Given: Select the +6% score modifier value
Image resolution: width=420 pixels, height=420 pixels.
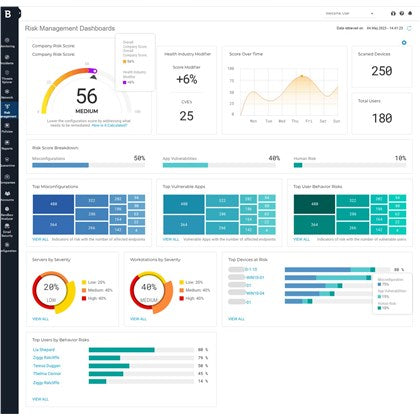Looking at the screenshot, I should point(186,79).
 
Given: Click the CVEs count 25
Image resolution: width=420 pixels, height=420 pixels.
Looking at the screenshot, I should point(186,116).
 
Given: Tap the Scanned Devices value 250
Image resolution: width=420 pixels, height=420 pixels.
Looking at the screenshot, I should point(381,72).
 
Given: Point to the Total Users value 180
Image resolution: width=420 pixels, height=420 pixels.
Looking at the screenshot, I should point(381,118).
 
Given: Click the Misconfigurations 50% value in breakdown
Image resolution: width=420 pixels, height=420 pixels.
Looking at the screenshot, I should point(140,158).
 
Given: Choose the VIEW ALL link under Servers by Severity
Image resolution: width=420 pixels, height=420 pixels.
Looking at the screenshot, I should point(39,318).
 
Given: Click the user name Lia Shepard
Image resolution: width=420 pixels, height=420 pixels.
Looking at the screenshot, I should point(44,350).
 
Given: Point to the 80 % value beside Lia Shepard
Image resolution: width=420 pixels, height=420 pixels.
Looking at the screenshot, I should point(203,350).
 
